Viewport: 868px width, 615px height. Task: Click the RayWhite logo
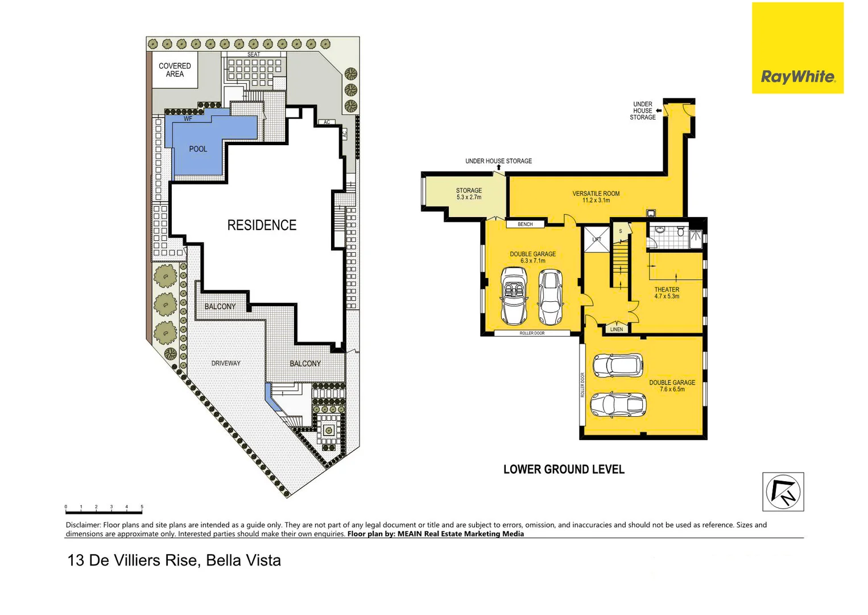point(797,76)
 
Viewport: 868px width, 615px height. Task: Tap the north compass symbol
point(783,491)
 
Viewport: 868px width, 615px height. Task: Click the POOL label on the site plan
point(198,149)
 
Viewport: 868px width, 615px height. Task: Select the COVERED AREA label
point(175,70)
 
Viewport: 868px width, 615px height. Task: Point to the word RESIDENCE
point(262,225)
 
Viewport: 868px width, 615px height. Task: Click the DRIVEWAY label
point(226,363)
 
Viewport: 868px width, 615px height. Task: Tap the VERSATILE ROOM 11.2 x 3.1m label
point(596,197)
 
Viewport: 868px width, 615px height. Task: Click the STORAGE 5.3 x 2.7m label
point(469,194)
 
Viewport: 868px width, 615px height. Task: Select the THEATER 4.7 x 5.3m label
point(667,293)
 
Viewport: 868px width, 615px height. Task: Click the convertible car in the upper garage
point(514,295)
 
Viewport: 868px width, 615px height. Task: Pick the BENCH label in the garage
point(525,224)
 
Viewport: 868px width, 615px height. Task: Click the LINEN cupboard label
point(617,329)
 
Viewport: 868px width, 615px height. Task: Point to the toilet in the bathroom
point(659,231)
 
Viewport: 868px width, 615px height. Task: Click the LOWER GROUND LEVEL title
point(564,470)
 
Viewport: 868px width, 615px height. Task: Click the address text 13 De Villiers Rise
point(133,560)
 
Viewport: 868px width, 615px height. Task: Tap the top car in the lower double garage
point(618,365)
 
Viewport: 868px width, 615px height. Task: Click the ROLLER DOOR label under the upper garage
point(532,333)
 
